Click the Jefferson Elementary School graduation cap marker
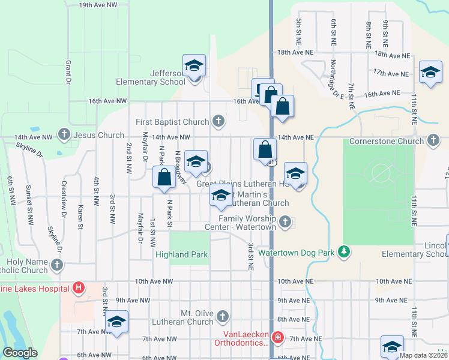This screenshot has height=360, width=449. tap(194, 65)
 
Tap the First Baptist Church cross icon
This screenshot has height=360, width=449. tap(218, 122)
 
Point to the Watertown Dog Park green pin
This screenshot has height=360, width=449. tap(344, 253)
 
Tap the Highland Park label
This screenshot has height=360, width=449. tap(181, 254)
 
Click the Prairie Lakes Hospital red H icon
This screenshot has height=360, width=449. tap(78, 287)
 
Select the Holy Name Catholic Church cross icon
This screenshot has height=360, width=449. tap(57, 265)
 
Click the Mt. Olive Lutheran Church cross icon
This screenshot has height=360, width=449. tap(223, 316)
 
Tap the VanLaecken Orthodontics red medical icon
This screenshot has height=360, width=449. tap(277, 338)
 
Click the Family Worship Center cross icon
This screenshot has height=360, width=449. tap(286, 223)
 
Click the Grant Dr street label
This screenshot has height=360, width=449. tap(69, 71)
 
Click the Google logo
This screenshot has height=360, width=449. tap(20, 353)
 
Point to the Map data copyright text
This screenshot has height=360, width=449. tap(423, 355)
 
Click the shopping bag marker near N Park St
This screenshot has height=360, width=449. tap(164, 177)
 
